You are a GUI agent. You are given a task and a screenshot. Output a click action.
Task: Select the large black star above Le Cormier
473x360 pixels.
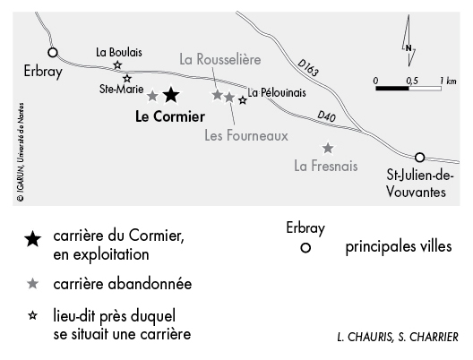point(171,95)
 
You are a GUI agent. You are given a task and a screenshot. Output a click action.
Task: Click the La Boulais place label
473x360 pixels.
point(119,53)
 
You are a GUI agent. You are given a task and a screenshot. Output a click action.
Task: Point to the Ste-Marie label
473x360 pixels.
point(121,89)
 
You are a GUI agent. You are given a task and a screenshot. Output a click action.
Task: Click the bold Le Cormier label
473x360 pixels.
point(170,116)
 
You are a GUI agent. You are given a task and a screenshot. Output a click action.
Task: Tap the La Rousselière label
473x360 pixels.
point(220,59)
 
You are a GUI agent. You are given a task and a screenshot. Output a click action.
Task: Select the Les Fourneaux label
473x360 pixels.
point(246,136)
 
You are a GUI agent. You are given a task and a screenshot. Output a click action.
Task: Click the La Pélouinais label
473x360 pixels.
point(277,92)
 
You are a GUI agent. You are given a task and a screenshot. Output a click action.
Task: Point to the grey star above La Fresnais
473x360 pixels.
point(328,148)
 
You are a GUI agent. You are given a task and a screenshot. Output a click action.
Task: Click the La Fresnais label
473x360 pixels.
point(326,167)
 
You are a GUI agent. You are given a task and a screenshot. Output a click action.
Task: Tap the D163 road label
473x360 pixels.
point(308,67)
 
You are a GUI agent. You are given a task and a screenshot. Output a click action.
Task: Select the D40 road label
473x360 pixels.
point(326,116)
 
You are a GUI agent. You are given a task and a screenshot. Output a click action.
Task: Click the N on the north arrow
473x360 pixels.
point(408,48)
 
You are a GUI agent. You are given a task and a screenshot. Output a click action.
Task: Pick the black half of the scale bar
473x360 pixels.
point(392,89)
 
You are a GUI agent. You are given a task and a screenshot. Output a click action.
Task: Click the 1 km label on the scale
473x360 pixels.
point(448,81)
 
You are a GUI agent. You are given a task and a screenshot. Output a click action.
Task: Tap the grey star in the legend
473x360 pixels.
point(32,284)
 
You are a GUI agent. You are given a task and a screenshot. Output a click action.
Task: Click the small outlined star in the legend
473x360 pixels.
point(32,316)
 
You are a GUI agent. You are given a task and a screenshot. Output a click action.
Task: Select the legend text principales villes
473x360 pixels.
point(399,246)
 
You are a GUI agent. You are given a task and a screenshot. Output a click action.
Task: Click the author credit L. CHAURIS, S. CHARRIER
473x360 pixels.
point(398,337)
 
